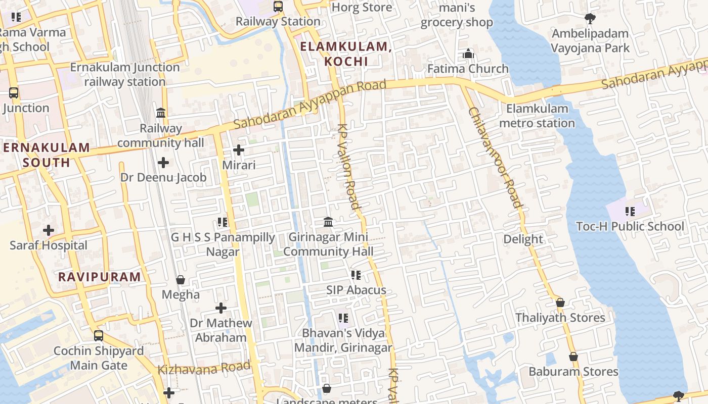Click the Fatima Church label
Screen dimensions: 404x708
pos(468,69)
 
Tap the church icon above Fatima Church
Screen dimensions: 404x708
pos(468,54)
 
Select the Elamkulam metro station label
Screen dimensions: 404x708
pos(537,116)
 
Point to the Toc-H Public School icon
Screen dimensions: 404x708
pos(630,212)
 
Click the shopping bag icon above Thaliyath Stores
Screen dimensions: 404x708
pos(560,302)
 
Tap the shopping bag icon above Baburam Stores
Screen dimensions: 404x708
pos(573,357)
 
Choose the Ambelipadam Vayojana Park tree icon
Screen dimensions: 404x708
pos(590,19)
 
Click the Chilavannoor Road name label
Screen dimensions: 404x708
pos(495,158)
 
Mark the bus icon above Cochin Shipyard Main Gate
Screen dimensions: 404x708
pos(99,335)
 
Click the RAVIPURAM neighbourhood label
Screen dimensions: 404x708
pos(99,277)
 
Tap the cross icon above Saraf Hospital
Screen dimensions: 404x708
pos(49,230)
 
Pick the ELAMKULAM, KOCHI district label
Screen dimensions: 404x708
pos(346,54)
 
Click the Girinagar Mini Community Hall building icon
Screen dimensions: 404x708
pos(328,222)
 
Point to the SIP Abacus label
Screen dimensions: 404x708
pos(356,290)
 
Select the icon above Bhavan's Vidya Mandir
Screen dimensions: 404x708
pos(343,318)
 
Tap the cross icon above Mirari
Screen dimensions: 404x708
pos(239,150)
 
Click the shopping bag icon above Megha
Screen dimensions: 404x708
pos(181,280)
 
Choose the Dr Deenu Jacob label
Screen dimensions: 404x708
pos(163,177)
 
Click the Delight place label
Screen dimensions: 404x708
pos(523,239)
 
